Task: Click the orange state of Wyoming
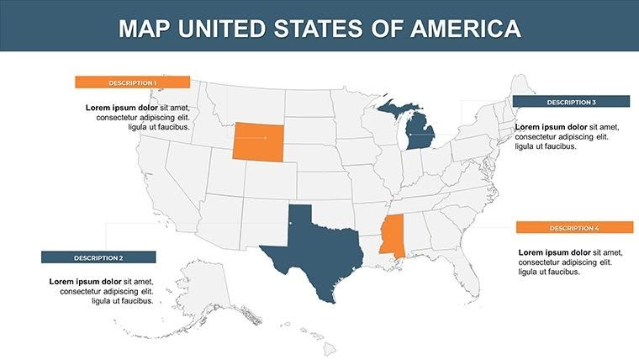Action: coord(259,140)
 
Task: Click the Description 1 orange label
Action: coord(132,82)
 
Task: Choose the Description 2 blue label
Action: coord(98,257)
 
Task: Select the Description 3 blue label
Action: coord(571,102)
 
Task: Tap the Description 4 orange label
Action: coord(574,228)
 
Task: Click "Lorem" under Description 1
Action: coord(100,108)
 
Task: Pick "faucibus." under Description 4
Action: coord(562,273)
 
